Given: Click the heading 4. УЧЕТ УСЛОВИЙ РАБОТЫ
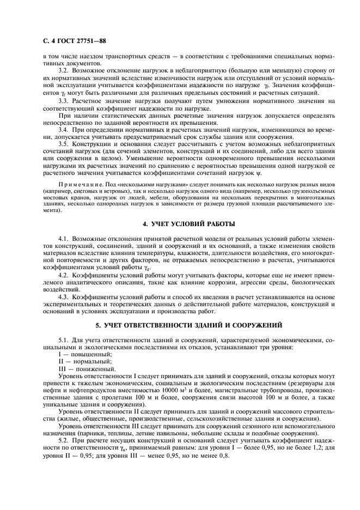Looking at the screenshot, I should [180, 224].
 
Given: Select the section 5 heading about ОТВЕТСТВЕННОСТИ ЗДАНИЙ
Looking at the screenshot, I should [180, 325].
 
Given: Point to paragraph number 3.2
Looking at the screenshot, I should [64, 71].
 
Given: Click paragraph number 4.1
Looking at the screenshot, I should [64, 240].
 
